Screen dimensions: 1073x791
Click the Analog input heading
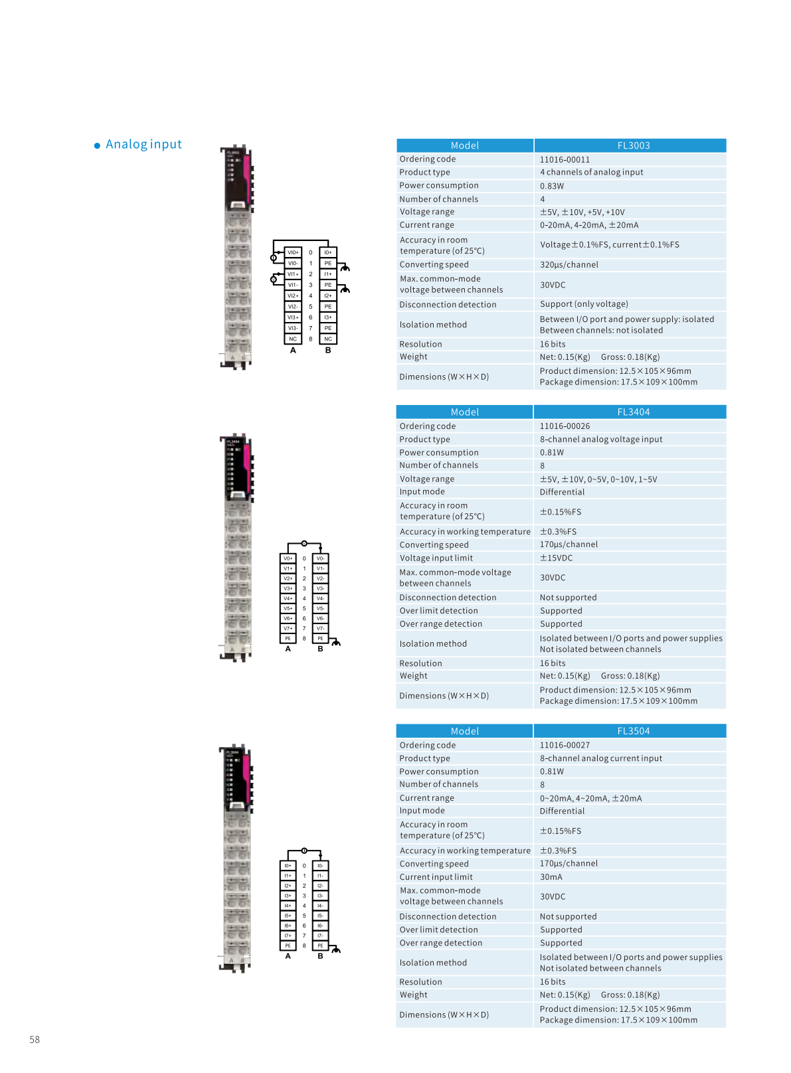(x=143, y=145)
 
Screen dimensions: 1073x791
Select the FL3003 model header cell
(x=633, y=145)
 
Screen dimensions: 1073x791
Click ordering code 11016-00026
(x=565, y=426)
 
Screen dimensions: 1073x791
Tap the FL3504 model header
(x=633, y=731)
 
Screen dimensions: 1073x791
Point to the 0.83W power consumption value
(x=551, y=187)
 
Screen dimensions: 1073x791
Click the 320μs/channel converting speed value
(x=569, y=265)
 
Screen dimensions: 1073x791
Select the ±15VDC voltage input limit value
(x=556, y=558)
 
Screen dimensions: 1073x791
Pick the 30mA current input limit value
(x=551, y=877)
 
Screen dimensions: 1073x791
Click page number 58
(x=35, y=1040)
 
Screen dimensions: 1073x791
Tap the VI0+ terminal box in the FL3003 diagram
(x=293, y=252)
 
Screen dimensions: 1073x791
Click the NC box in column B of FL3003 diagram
(x=328, y=339)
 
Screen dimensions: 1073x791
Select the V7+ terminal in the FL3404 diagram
(x=288, y=628)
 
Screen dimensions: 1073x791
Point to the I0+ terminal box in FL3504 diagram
(x=288, y=866)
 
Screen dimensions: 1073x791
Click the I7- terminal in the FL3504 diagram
(x=320, y=936)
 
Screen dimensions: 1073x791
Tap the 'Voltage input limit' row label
(x=436, y=558)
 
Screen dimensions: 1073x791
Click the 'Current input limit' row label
(x=436, y=877)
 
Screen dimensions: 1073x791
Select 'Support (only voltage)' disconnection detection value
(x=584, y=304)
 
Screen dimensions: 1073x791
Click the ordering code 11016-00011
(x=565, y=160)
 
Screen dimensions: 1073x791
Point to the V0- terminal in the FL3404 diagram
(x=320, y=558)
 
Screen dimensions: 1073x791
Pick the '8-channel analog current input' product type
(x=600, y=758)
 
